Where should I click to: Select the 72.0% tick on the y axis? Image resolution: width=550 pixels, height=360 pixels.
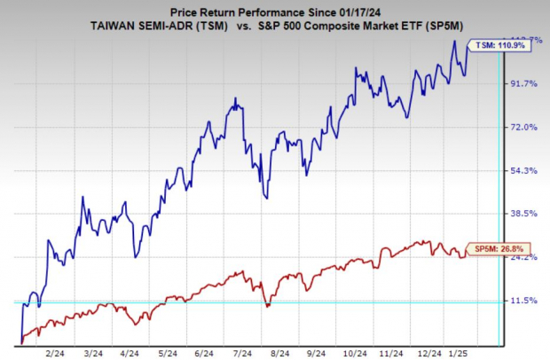click(521, 127)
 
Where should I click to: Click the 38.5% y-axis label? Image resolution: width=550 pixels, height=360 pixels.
click(521, 214)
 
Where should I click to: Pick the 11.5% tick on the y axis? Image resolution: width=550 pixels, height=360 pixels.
click(521, 301)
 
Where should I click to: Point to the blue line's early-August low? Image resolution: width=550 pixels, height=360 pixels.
click(266, 197)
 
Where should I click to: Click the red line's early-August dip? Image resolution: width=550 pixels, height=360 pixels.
click(266, 306)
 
